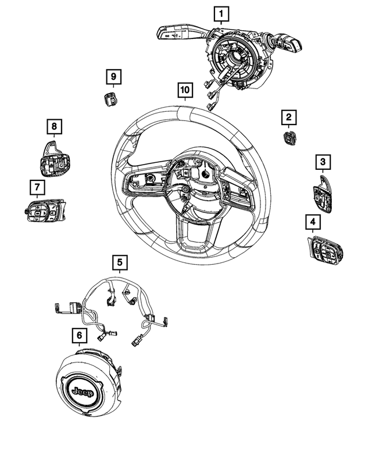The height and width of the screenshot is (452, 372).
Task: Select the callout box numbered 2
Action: (x=288, y=118)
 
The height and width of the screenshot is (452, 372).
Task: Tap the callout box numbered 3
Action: (x=323, y=161)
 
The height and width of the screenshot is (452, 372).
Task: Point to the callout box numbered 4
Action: (x=313, y=221)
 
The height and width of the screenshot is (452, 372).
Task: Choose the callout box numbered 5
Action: (x=120, y=263)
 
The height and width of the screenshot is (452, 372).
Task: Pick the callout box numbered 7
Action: (x=37, y=187)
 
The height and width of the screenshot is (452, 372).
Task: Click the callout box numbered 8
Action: (x=53, y=126)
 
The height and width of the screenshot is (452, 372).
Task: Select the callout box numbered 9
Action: (x=113, y=76)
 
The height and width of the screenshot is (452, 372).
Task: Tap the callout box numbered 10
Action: (x=184, y=90)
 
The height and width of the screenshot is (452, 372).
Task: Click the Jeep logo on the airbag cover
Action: (x=81, y=392)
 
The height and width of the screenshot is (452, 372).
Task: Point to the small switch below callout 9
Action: (x=110, y=99)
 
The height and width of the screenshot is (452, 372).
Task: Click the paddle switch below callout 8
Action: (x=53, y=159)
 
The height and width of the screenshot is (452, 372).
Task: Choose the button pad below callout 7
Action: (x=44, y=211)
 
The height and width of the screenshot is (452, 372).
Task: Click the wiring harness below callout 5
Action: (x=116, y=308)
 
